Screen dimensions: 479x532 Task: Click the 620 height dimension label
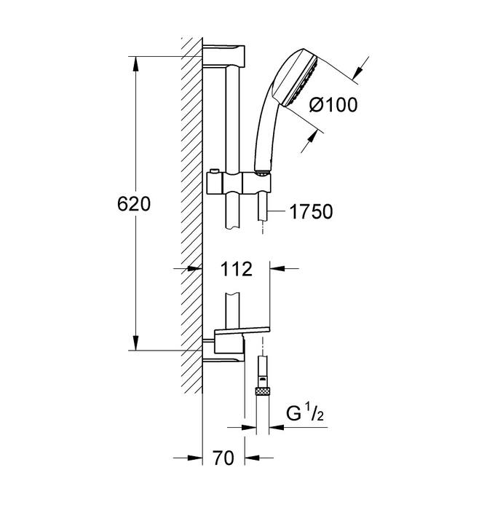134,204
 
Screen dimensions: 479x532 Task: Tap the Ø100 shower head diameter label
333,104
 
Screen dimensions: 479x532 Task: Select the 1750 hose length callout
311,211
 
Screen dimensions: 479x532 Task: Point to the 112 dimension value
237,269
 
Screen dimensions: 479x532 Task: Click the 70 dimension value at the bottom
223,458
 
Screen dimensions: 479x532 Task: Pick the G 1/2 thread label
305,413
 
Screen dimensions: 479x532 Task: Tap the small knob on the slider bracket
213,171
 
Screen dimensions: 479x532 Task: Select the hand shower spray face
302,82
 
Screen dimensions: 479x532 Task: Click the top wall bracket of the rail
223,55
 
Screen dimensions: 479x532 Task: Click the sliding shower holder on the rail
239,182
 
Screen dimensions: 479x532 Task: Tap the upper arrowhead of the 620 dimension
135,63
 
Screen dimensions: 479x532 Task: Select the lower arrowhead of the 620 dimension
135,343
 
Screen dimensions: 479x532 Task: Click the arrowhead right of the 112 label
277,268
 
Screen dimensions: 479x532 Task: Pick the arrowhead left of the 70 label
195,458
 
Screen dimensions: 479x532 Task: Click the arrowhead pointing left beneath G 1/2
277,427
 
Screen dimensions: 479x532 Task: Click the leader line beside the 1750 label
276,211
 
